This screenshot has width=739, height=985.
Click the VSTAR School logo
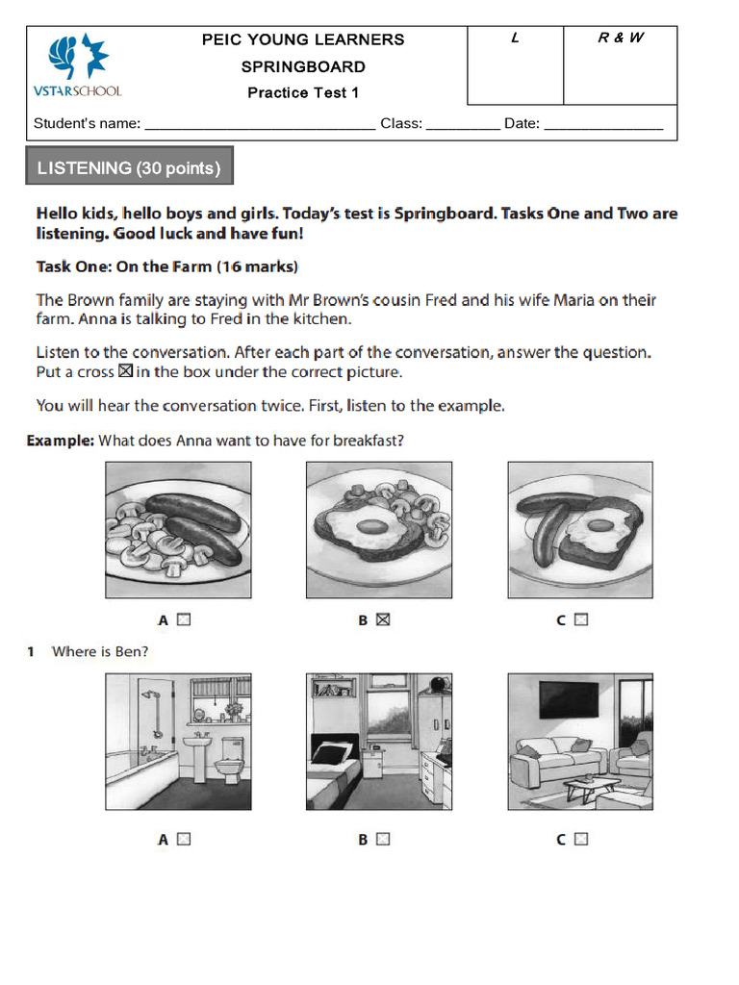(x=78, y=65)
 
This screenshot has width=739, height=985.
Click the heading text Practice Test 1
(x=303, y=93)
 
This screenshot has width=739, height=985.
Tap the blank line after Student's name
(x=259, y=125)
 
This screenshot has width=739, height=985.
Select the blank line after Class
(x=462, y=125)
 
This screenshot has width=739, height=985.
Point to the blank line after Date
(x=603, y=125)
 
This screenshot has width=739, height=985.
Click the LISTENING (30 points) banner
(x=129, y=168)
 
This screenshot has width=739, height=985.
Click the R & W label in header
(x=621, y=38)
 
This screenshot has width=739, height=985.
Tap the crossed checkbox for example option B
(x=383, y=620)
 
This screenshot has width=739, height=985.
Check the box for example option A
(x=184, y=620)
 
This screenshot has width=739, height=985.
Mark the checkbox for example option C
(x=580, y=620)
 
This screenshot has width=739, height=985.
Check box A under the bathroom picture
(x=184, y=839)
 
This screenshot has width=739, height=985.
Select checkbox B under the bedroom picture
(x=383, y=839)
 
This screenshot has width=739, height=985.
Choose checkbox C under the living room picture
(x=580, y=839)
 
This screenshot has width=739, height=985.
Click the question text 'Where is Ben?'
(x=100, y=652)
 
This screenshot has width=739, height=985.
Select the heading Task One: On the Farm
(x=166, y=266)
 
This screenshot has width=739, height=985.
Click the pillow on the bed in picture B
(x=330, y=753)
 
